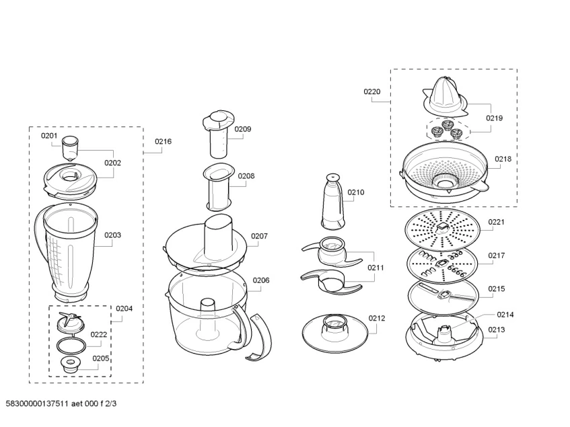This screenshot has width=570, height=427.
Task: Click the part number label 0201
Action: coord(49,136)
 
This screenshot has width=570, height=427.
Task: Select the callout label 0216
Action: coord(163,142)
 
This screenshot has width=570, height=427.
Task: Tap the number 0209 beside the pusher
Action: coord(243,129)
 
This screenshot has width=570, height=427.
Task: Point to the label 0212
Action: coord(377,318)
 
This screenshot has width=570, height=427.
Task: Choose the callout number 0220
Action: coord(372,91)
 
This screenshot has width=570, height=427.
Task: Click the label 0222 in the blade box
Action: coord(99,334)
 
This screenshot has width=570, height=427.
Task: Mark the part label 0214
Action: coord(505,314)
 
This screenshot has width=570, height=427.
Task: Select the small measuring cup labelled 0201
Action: coord(71,148)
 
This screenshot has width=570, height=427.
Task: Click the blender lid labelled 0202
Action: coord(69,178)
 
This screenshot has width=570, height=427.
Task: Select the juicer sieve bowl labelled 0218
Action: coord(443,172)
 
